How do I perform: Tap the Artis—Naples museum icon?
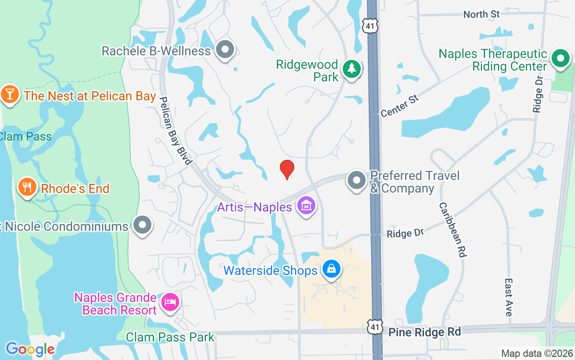click(307, 207)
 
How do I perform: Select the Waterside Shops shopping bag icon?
click(332, 270)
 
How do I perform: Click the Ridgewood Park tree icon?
click(352, 69)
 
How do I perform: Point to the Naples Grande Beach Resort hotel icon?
click(170, 302)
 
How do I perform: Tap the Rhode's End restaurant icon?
click(27, 187)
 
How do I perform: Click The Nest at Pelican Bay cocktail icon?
click(9, 94)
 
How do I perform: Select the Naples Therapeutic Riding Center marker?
click(560, 58)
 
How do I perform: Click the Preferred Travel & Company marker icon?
click(357, 180)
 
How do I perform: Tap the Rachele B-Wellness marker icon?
click(225, 50)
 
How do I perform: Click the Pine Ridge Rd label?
click(425, 332)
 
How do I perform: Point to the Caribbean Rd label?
click(452, 229)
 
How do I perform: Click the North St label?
click(481, 14)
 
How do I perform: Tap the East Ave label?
click(509, 297)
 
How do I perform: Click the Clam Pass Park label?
click(170, 337)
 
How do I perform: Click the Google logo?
click(30, 349)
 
